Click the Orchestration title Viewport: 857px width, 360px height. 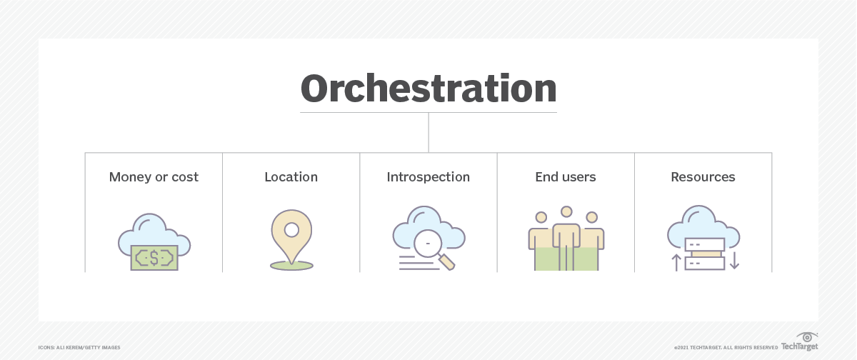[428, 89]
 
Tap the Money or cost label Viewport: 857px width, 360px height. [154, 177]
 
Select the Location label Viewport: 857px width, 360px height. [291, 177]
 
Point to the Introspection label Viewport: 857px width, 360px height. [428, 177]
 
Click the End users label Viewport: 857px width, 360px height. [566, 177]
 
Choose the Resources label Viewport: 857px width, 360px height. [703, 177]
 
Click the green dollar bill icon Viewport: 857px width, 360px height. [154, 258]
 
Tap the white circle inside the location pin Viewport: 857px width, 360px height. [291, 230]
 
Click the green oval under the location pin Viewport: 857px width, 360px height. [291, 266]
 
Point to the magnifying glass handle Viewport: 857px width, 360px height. [447, 263]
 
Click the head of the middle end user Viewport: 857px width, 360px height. [566, 212]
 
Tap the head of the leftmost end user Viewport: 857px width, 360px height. [541, 216]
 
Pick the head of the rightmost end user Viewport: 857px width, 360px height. [591, 216]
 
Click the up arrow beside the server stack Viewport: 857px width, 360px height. [676, 261]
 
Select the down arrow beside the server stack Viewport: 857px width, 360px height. [734, 261]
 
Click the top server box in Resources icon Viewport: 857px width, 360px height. [705, 244]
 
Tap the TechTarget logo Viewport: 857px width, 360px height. [800, 342]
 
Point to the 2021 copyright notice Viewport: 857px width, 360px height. [726, 347]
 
